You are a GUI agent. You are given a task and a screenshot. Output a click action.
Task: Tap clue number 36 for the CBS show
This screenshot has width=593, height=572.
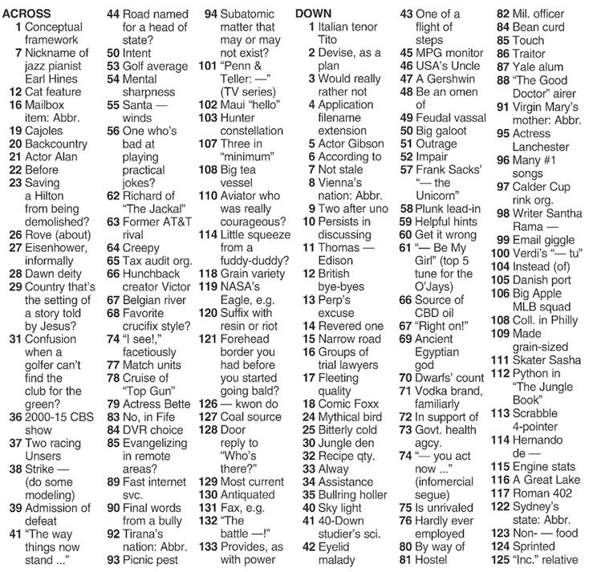[15, 417]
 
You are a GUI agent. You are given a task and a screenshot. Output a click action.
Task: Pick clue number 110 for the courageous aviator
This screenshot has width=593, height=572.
[207, 195]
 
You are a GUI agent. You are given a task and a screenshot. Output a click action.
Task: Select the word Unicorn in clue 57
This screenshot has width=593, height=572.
[441, 195]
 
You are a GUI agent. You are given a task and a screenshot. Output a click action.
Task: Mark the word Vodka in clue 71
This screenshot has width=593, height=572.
[433, 391]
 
